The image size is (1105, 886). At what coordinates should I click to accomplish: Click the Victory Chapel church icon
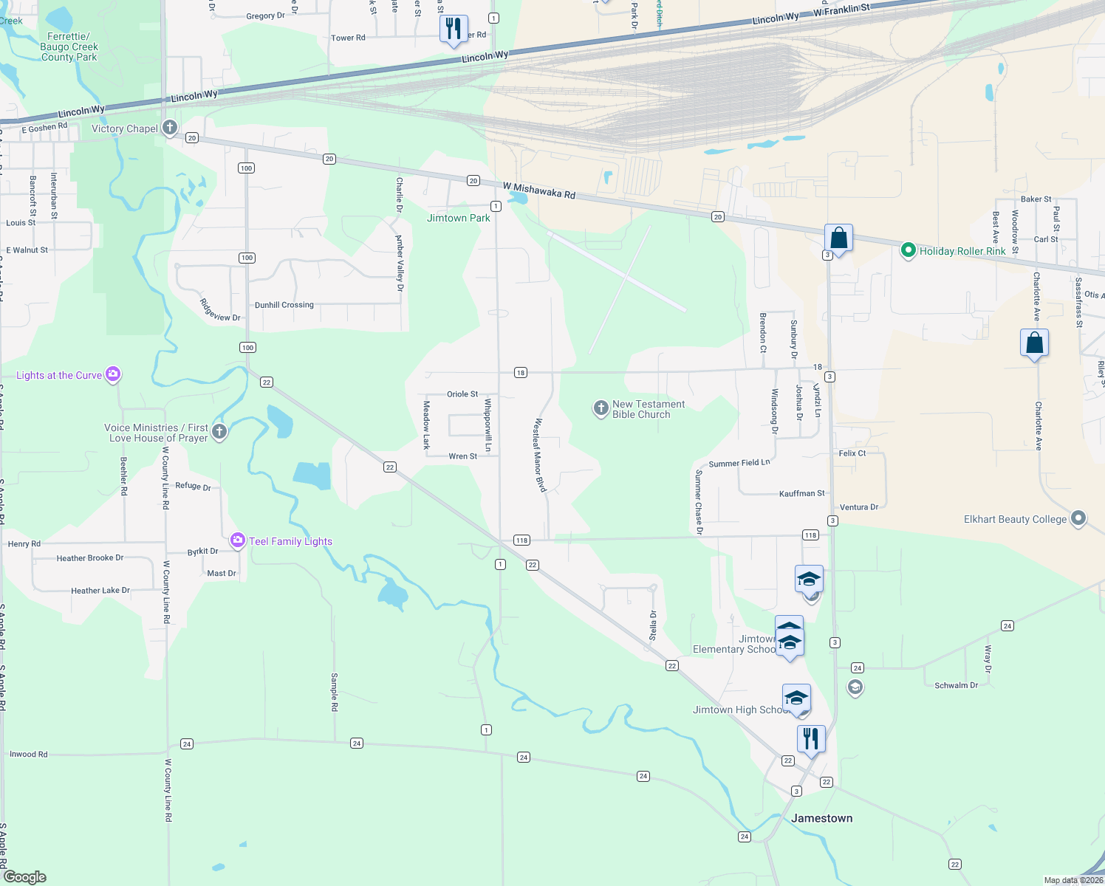170,128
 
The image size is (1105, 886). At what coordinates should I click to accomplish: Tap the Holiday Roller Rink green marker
909,250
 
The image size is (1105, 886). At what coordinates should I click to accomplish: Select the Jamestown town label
821,818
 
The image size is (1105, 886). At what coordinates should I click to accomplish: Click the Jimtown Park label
458,218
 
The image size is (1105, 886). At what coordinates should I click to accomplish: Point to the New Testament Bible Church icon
601,408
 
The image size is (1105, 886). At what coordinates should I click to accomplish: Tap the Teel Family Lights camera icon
238,540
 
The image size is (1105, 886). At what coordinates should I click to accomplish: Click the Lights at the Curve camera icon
113,374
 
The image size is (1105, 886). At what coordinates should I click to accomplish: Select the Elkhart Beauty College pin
1078,518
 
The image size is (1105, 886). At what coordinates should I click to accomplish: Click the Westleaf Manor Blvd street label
540,456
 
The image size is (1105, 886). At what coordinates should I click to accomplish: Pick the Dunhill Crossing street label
284,305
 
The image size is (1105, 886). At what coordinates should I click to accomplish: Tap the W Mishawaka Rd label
539,190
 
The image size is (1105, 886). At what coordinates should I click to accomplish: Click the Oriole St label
462,394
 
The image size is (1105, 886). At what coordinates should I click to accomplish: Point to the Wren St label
463,456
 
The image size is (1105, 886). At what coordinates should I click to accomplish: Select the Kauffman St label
802,493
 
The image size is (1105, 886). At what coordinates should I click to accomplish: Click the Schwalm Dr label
956,685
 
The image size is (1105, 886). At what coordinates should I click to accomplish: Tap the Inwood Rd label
29,755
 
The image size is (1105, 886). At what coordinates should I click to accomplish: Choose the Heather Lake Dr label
100,591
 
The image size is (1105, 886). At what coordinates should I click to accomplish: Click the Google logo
25,877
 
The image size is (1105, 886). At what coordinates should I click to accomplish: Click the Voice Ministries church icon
219,432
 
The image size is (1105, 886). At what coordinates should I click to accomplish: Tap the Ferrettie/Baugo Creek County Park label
69,47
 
